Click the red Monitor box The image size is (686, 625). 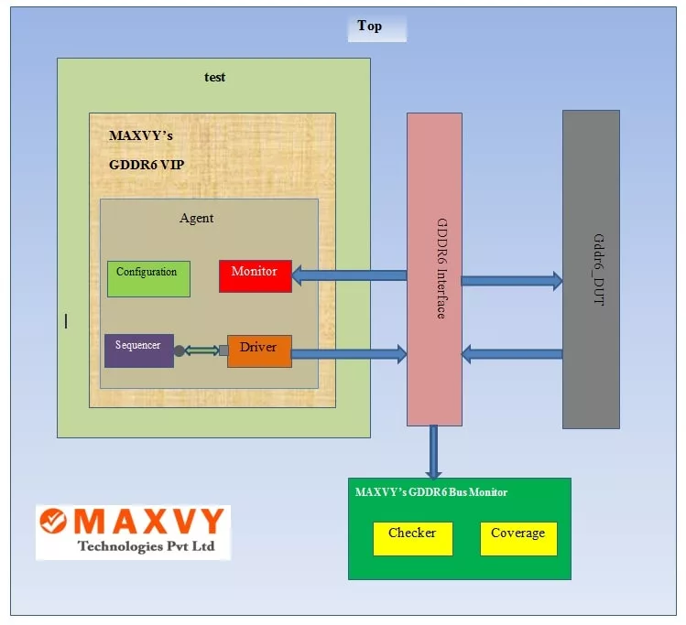255,275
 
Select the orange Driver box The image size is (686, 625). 259,350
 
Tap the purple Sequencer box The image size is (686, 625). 138,350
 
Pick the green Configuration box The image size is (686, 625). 148,278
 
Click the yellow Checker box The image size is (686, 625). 412,538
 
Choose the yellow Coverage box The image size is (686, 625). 518,538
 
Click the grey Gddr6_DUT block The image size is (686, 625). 591,269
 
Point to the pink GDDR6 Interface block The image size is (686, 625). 434,269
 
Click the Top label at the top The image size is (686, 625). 370,26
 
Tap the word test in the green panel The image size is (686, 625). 214,77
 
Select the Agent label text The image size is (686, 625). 197,218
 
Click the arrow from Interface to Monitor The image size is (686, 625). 349,275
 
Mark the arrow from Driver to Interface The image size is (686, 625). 349,354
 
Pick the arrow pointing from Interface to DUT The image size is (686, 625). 511,281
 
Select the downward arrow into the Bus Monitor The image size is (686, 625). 434,452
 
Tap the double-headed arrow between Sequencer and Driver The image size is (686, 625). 201,350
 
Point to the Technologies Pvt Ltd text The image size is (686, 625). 146,546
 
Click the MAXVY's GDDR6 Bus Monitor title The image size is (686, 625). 431,492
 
